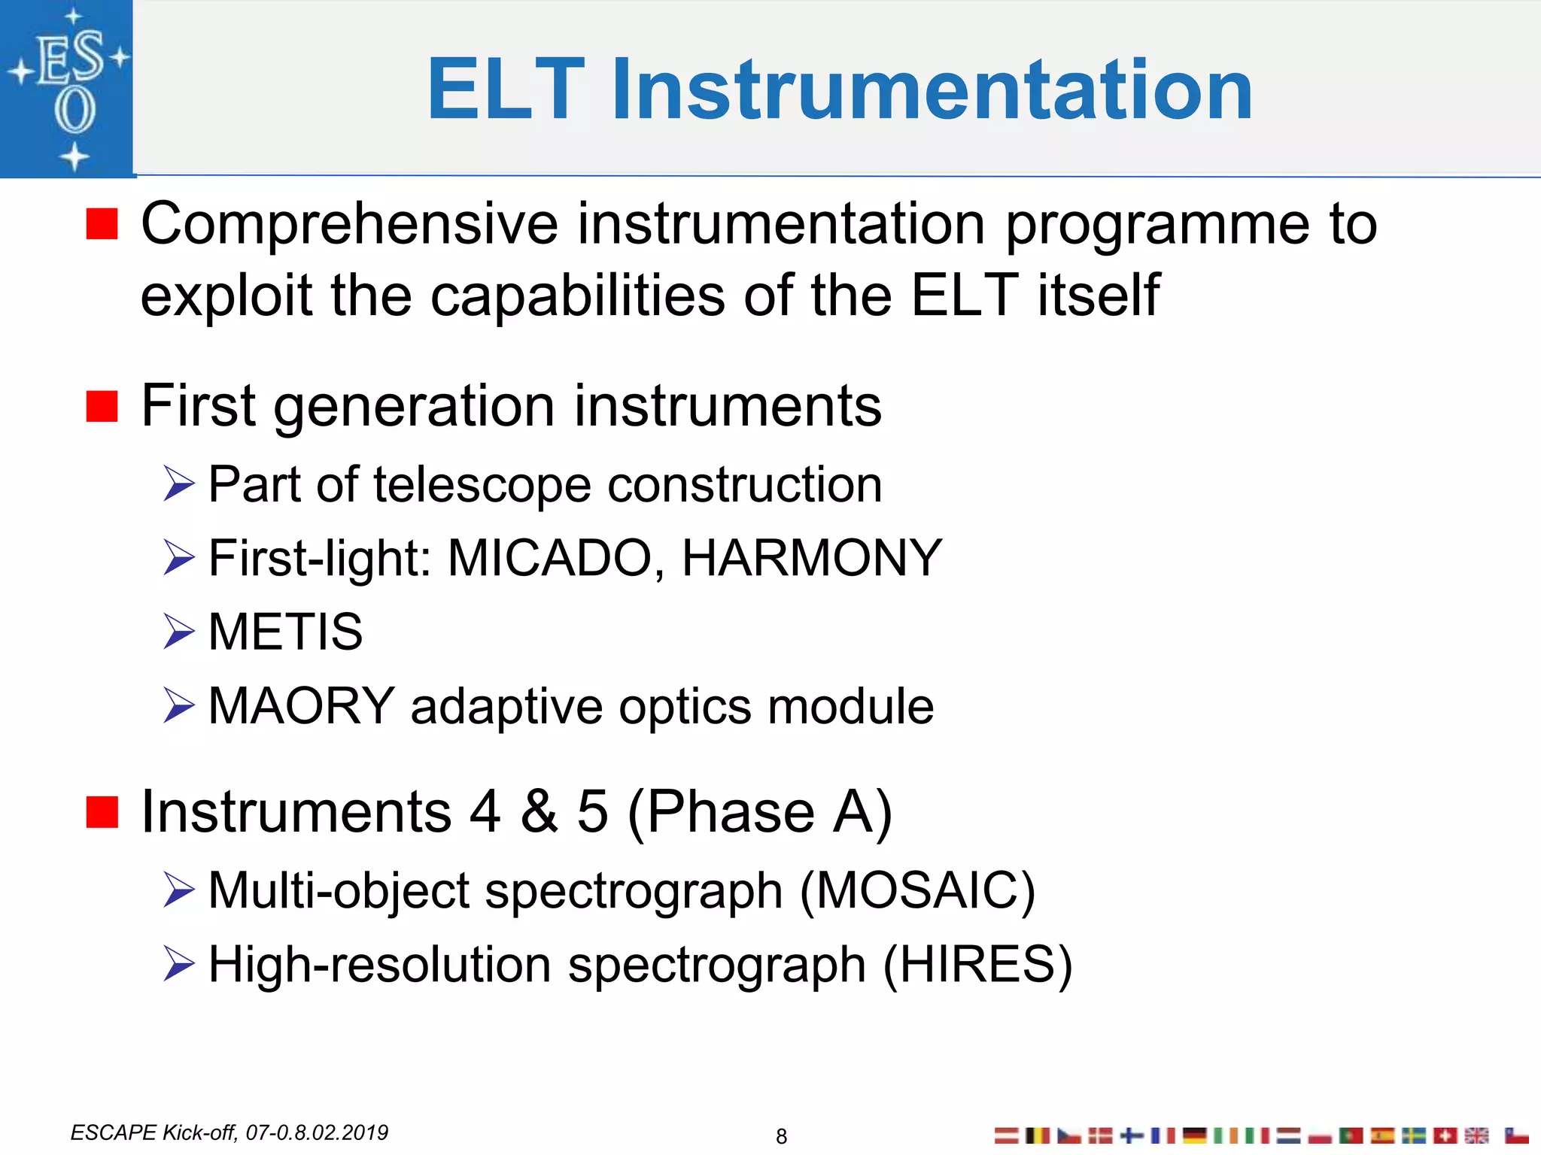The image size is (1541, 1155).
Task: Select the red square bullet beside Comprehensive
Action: [x=102, y=224]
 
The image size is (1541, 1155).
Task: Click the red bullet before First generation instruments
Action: [x=102, y=407]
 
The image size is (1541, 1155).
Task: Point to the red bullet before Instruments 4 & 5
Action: [x=102, y=812]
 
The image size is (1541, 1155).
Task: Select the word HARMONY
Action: [x=811, y=558]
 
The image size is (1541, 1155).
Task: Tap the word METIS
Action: [x=285, y=632]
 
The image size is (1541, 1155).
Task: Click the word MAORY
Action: [x=301, y=706]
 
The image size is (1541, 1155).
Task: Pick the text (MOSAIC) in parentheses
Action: [x=917, y=890]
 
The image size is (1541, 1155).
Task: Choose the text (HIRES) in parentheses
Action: [x=977, y=965]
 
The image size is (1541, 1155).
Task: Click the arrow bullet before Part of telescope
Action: [x=179, y=484]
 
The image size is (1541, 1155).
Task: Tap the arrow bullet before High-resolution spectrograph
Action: [x=179, y=964]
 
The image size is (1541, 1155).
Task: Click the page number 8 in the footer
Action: [x=781, y=1136]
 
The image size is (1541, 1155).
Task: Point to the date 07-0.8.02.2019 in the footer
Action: [x=317, y=1132]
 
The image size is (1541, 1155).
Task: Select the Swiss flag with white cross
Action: [x=1445, y=1135]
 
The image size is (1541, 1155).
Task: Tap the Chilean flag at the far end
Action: [x=1517, y=1135]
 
